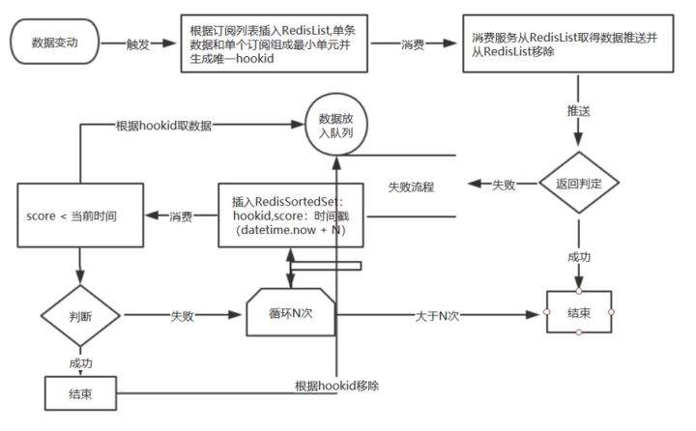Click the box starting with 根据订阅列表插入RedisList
275,43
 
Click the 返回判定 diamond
577,182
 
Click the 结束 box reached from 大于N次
578,312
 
